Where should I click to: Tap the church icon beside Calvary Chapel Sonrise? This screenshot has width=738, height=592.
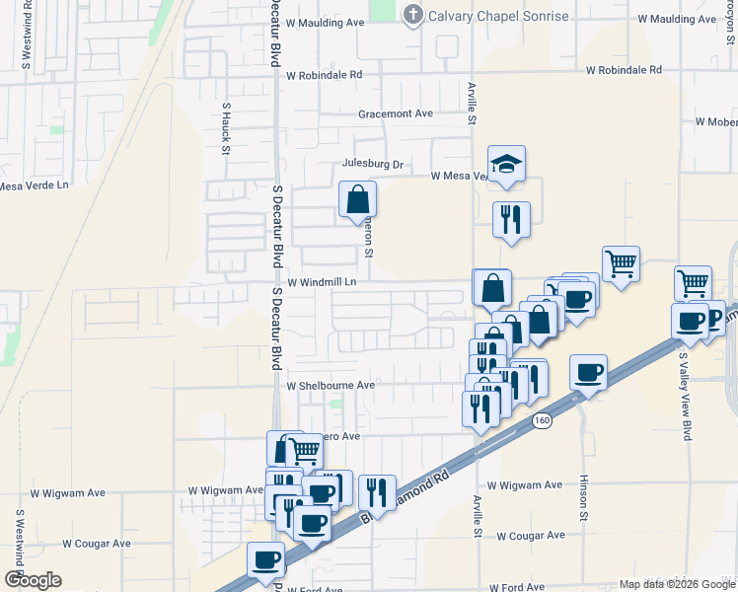(412, 14)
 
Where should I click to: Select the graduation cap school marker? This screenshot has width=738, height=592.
(506, 164)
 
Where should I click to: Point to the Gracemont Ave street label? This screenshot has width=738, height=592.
(396, 113)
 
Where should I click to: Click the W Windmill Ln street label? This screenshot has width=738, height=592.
(321, 281)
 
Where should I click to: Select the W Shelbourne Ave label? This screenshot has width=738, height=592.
(331, 386)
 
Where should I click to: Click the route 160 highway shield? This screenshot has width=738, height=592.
(542, 421)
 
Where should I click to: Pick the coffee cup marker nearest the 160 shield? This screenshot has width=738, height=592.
(588, 373)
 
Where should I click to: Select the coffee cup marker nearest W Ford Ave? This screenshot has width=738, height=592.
(265, 560)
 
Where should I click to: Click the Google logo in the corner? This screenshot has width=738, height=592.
(33, 580)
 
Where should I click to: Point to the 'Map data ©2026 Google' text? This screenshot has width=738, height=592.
(678, 584)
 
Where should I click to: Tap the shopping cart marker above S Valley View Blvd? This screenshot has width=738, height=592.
(693, 283)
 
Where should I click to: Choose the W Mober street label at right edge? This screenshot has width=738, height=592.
(716, 121)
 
